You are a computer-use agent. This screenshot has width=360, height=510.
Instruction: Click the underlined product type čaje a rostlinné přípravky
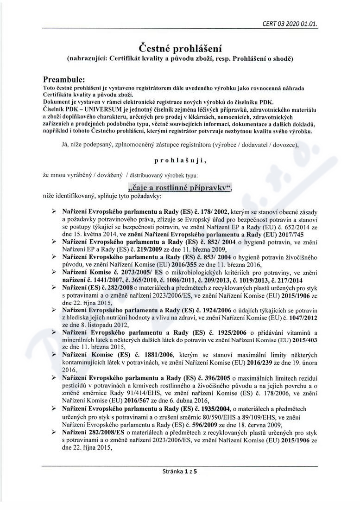[x=179, y=187]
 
